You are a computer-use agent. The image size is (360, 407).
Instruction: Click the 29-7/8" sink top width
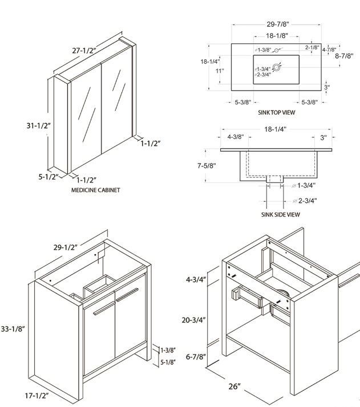point(278,25)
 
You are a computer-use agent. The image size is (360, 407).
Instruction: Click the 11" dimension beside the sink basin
point(220,71)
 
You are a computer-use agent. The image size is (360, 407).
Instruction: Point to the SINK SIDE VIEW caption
point(280,215)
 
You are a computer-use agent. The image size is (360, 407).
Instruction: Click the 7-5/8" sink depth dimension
point(206,165)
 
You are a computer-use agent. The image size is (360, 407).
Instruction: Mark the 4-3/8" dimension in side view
point(236,137)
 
